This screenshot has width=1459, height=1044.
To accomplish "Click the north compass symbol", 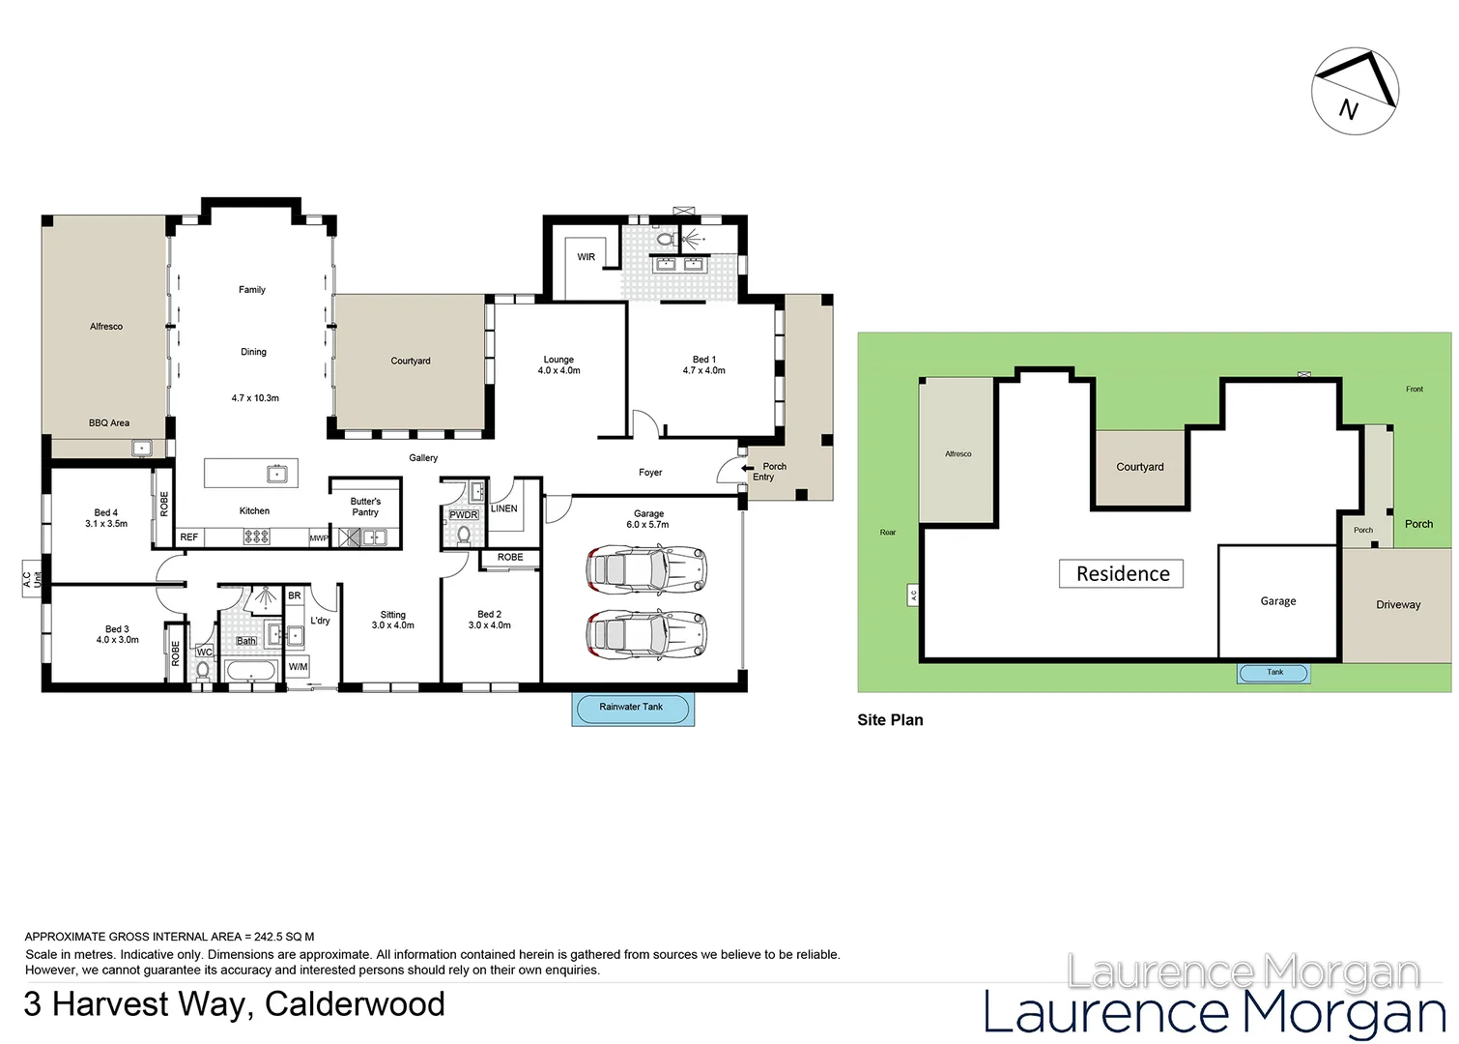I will [x=1354, y=91].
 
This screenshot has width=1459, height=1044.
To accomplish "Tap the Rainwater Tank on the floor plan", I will [x=632, y=708].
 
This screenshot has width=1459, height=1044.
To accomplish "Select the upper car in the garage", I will [x=645, y=569].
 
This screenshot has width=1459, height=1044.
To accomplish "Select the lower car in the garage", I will [x=645, y=634].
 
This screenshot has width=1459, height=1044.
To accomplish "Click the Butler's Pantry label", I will [x=365, y=507].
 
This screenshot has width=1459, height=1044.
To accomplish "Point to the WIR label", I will [x=586, y=257].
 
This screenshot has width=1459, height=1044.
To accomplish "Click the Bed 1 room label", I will [x=703, y=364].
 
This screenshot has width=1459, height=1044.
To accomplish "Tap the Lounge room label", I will [x=558, y=364].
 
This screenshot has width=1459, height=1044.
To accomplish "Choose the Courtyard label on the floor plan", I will [x=411, y=361].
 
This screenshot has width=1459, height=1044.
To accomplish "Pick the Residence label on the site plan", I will [x=1123, y=574].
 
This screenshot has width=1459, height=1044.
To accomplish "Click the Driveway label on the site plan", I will [x=1398, y=605].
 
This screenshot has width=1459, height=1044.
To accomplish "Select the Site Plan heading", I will [x=890, y=720].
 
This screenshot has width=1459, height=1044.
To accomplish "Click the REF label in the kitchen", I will [x=189, y=537].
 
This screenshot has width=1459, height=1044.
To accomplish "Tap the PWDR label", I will [x=464, y=515].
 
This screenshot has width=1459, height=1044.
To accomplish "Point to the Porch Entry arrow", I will [x=748, y=468].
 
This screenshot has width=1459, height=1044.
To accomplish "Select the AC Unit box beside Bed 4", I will [x=32, y=579].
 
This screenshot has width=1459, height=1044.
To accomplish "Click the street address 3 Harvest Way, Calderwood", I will [x=234, y=1004].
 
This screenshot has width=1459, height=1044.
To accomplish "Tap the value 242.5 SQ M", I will [x=284, y=937].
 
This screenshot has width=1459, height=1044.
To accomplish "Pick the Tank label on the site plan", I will [x=1274, y=673].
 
